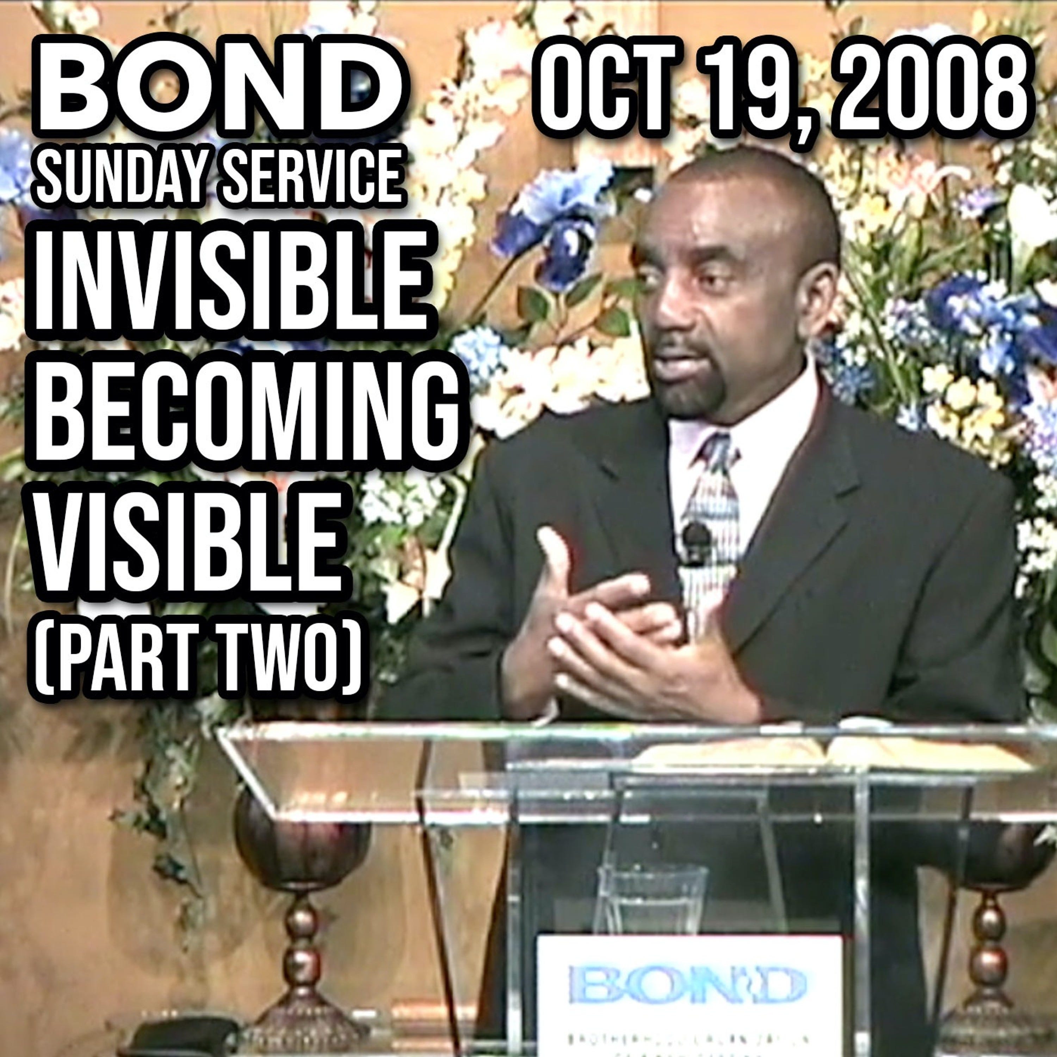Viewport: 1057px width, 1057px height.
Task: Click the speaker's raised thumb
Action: [552, 552]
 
